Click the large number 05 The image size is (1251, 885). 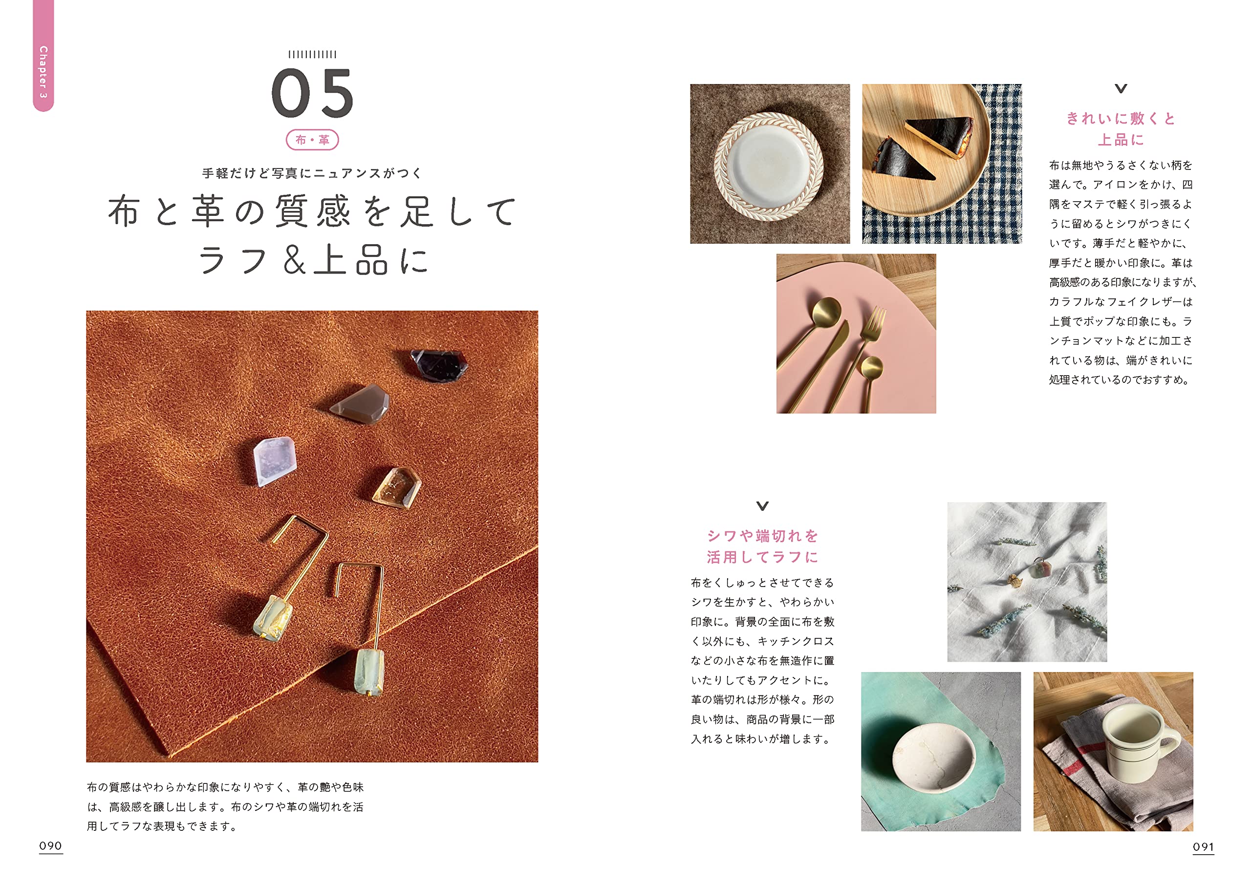point(312,93)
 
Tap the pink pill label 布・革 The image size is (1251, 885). point(312,140)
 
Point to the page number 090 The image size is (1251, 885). point(51,846)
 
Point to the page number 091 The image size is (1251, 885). point(1203,847)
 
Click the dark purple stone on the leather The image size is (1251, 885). point(439,364)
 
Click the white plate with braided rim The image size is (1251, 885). point(769,166)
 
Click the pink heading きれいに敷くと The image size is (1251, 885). point(1120,119)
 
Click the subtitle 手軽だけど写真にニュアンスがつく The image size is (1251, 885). point(312,173)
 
